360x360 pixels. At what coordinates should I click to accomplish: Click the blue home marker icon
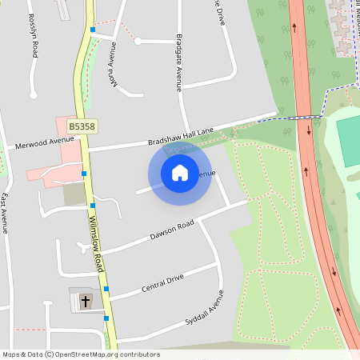tap(180, 172)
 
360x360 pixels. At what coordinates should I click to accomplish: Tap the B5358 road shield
tap(81, 126)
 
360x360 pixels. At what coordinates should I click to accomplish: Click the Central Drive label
tap(162, 282)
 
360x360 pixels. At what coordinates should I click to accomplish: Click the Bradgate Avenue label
tap(179, 63)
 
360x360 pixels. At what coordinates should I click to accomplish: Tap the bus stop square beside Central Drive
tap(106, 289)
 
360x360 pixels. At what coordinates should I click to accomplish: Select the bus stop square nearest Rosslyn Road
tap(93, 30)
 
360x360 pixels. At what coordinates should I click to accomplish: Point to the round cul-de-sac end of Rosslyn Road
tap(34, 95)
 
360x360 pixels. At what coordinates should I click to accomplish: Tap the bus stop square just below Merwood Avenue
tap(84, 173)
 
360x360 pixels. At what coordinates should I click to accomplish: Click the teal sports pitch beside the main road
tap(348, 141)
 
